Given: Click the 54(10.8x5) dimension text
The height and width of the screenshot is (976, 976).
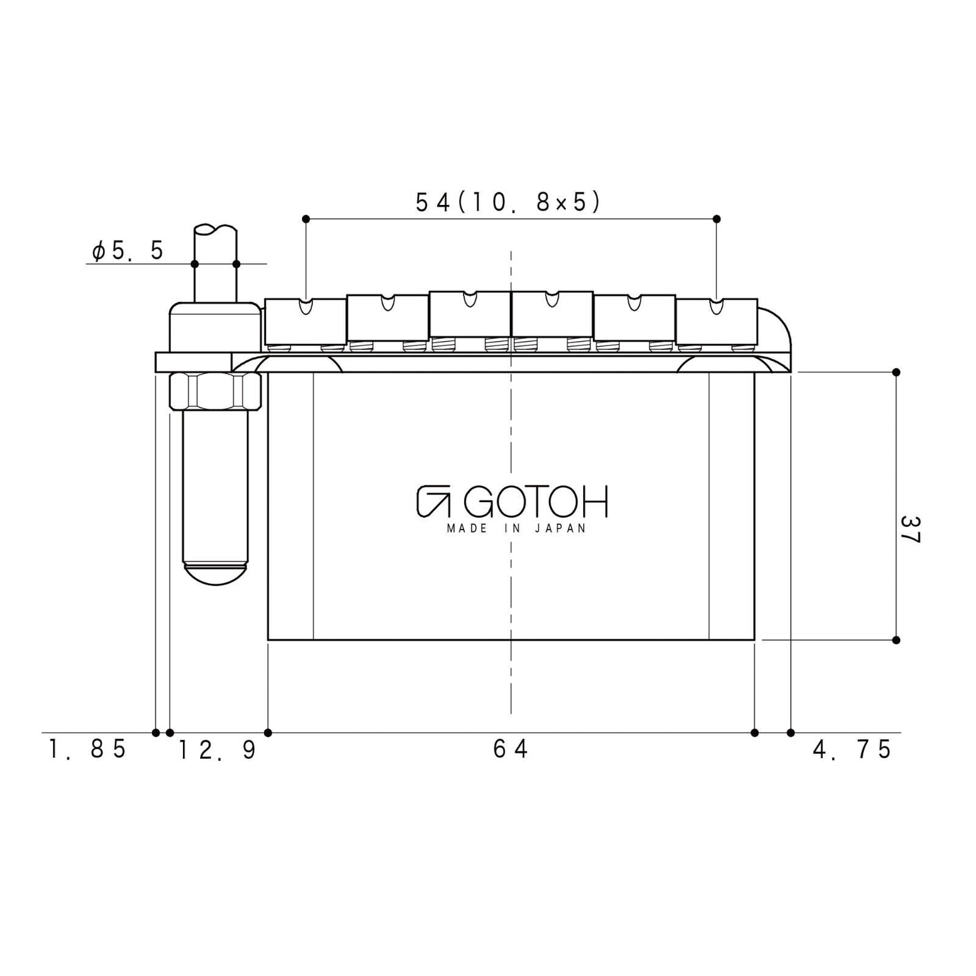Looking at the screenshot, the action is [508, 202].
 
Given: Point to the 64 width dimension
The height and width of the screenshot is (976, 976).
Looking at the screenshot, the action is [511, 748].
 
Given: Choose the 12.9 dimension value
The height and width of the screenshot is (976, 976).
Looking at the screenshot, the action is [217, 750].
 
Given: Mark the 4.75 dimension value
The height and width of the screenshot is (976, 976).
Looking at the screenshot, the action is [852, 748].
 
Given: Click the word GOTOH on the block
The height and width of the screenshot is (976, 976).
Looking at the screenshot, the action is [536, 502].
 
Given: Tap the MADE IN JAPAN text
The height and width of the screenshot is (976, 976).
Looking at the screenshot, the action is [516, 528].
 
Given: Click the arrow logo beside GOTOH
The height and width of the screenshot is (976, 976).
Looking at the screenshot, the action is [433, 502].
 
